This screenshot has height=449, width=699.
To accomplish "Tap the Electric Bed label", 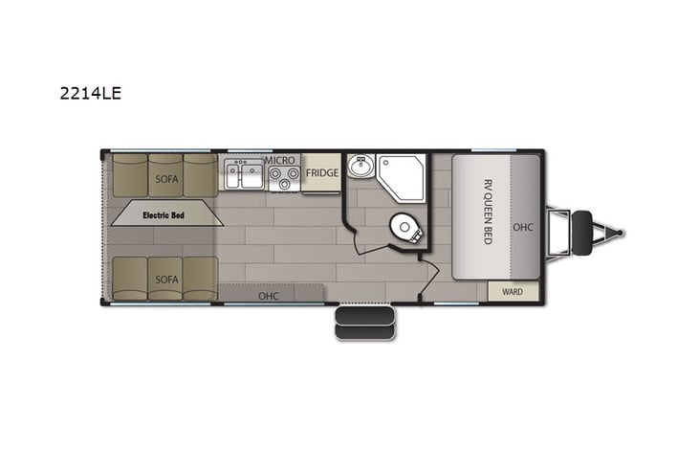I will (163, 215).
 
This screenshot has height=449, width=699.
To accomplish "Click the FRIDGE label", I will (321, 173).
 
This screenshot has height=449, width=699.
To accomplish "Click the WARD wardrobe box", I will (513, 291).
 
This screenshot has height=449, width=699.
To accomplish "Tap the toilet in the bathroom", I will (405, 229).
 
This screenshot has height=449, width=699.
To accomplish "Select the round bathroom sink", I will (360, 168).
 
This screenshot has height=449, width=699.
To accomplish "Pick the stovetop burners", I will (283, 177).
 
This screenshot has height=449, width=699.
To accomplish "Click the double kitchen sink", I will (245, 176).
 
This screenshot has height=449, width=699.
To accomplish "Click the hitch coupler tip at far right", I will (620, 233).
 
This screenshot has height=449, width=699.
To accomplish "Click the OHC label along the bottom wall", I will (269, 296).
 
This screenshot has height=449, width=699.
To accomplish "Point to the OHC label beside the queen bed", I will (523, 227).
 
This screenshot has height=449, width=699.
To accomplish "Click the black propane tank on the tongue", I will (581, 233).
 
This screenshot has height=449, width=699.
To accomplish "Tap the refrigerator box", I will (321, 173).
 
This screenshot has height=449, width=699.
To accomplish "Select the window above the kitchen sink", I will (249, 150).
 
